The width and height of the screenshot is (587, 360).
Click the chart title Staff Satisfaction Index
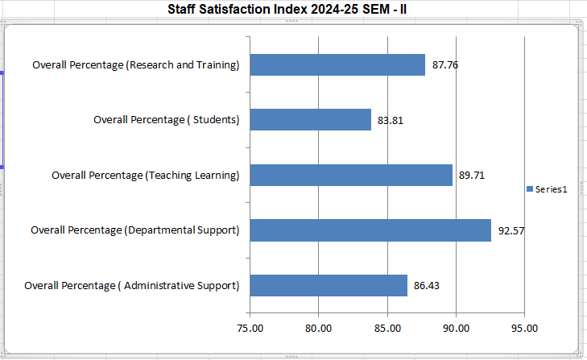pyautogui.click(x=293, y=10)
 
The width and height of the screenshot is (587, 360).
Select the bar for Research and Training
pyautogui.click(x=337, y=65)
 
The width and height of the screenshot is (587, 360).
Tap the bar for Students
pyautogui.click(x=311, y=120)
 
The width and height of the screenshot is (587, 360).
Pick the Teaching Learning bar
pyautogui.click(x=351, y=175)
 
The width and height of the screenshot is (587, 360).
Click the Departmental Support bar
pyautogui.click(x=370, y=230)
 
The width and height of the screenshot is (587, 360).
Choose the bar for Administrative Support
pyautogui.click(x=329, y=285)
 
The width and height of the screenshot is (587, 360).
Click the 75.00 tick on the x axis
pyautogui.click(x=250, y=328)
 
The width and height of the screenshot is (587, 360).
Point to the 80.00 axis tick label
pyautogui.click(x=319, y=328)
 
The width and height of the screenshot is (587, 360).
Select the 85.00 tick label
pyautogui.click(x=387, y=328)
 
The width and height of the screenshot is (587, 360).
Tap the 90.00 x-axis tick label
pyautogui.click(x=456, y=328)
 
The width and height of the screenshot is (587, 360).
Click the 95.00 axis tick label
pyautogui.click(x=524, y=328)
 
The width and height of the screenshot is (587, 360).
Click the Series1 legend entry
pyautogui.click(x=548, y=189)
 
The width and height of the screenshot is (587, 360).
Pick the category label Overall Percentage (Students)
pyautogui.click(x=167, y=120)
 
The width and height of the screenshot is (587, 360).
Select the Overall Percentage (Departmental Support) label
pyautogui.click(x=135, y=230)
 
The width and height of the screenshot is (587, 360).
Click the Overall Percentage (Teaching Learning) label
pyautogui.click(x=146, y=175)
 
